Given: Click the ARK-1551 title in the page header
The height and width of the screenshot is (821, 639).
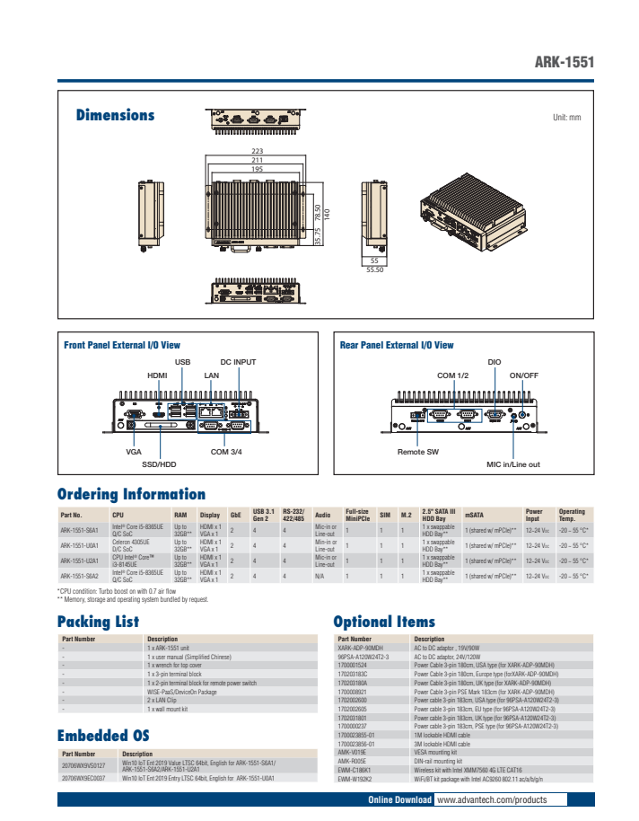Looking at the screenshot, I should pyautogui.click(x=565, y=63).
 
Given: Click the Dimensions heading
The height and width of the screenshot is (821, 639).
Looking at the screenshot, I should pyautogui.click(x=115, y=115).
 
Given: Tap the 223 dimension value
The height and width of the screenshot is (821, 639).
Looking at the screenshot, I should pyautogui.click(x=258, y=150).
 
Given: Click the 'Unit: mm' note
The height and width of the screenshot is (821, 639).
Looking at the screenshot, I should pyautogui.click(x=566, y=118).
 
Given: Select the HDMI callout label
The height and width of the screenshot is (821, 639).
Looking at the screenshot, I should pyautogui.click(x=157, y=375).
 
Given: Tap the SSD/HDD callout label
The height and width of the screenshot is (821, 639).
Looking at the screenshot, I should pyautogui.click(x=160, y=464).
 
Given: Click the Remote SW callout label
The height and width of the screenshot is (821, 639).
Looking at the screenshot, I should pyautogui.click(x=418, y=451).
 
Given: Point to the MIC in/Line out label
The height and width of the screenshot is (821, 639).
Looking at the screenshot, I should pyautogui.click(x=512, y=464).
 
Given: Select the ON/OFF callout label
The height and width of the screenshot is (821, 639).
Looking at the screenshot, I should pyautogui.click(x=523, y=375).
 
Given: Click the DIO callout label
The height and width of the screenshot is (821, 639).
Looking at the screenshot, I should pyautogui.click(x=495, y=361).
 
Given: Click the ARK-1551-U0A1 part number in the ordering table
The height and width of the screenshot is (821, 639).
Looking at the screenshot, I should pyautogui.click(x=79, y=545).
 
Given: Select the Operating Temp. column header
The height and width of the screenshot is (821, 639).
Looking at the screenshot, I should pyautogui.click(x=572, y=515).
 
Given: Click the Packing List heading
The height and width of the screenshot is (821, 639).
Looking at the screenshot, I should pyautogui.click(x=98, y=621).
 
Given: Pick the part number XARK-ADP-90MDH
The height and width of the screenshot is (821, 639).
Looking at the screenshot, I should pyautogui.click(x=361, y=647).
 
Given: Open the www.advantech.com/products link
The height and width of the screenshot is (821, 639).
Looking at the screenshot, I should pyautogui.click(x=491, y=799).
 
